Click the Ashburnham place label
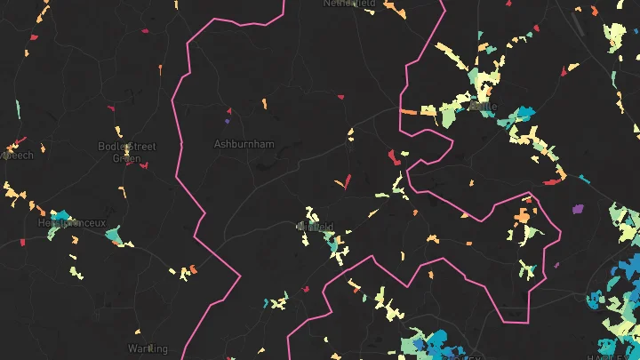coord(244,143)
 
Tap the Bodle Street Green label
coord(128,152)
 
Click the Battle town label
coord(483,106)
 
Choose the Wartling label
coord(148,348)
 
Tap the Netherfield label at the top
coord(349,4)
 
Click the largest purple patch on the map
coord(578,210)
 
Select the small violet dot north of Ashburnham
coord(228,120)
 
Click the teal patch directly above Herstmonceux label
coord(60,215)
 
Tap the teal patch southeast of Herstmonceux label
coord(114,236)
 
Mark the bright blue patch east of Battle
coord(524,113)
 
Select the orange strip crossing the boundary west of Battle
coord(409,112)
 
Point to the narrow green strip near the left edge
coord(18,108)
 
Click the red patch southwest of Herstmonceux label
coord(23,241)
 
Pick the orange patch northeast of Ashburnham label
coord(264,104)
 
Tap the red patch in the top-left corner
coord(33,36)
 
